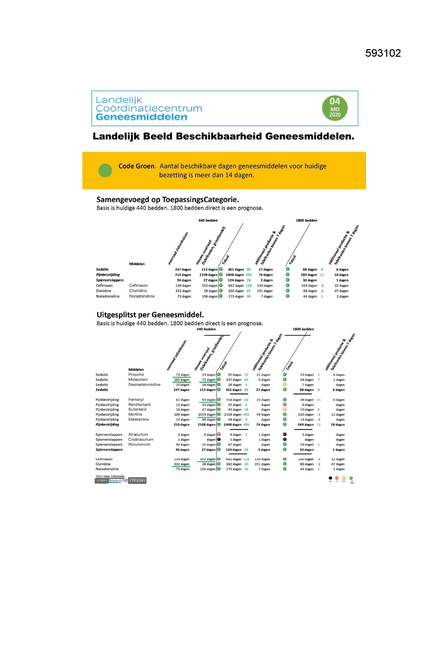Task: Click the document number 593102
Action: (383, 53)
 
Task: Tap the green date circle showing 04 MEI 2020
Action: (335, 108)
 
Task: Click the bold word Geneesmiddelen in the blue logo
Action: (142, 117)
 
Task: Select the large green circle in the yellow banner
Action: (105, 170)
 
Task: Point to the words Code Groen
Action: (137, 166)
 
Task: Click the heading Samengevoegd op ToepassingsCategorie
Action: (168, 200)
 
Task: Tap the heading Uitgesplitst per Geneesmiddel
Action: (150, 315)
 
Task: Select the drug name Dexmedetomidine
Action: (144, 385)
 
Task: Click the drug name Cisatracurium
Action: (141, 439)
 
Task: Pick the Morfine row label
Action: (135, 415)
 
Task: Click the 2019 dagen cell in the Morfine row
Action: (206, 415)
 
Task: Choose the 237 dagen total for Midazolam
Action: (234, 380)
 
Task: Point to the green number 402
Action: (246, 415)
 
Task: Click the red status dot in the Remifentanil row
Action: (285, 404)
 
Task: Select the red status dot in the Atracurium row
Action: (219, 434)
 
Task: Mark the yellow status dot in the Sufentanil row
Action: (285, 410)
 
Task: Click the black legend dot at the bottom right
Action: (330, 478)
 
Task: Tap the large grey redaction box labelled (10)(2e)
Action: (137, 480)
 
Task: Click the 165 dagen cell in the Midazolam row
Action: (182, 380)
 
